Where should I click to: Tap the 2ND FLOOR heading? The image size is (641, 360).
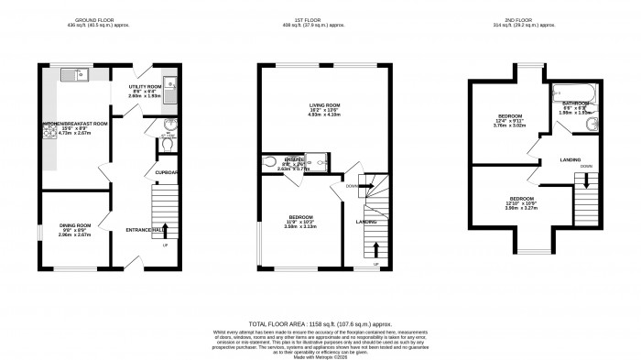(x=530, y=19)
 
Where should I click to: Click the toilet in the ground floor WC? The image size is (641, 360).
(x=167, y=142)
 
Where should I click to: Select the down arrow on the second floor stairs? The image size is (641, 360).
(x=584, y=181)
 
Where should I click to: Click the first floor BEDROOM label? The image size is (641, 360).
(x=300, y=216)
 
